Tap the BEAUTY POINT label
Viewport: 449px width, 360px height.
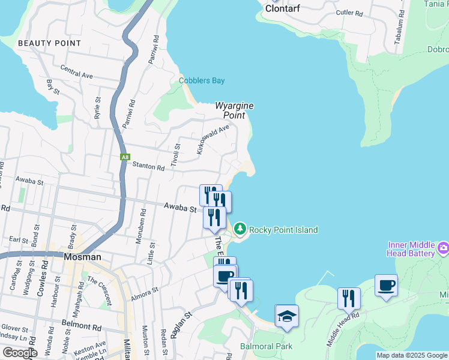[x=49, y=43]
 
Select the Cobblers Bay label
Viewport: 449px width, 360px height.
[x=202, y=80]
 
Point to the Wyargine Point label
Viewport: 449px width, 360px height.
[x=235, y=110]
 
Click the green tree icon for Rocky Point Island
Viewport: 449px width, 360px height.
[x=240, y=229]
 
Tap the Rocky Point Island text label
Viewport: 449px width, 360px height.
[x=283, y=230]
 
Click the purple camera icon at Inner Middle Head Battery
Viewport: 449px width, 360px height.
[x=444, y=247]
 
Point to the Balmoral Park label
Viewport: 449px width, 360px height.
[x=266, y=346]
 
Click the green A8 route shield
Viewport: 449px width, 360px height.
[x=125, y=157]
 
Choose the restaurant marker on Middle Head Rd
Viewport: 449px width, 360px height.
[x=348, y=298]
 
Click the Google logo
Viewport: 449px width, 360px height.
[x=20, y=353]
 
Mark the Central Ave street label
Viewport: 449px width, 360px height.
[x=76, y=76]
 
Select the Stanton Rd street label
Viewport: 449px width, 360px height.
[x=148, y=167]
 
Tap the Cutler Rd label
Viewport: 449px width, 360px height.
[x=350, y=13]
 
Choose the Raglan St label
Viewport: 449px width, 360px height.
[x=180, y=325]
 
